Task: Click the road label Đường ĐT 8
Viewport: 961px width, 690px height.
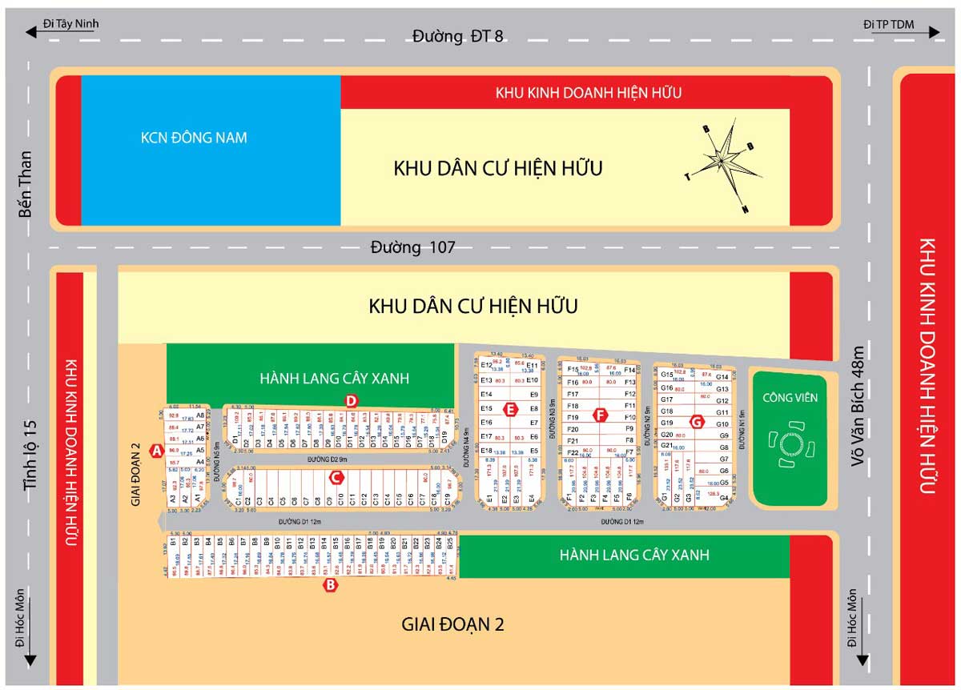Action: click(x=458, y=36)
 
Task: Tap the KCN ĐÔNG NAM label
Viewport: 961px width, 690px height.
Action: click(x=194, y=138)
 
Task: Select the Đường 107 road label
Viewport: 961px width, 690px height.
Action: click(x=412, y=247)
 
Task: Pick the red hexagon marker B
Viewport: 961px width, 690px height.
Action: click(x=329, y=586)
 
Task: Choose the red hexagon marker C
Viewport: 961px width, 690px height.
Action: click(x=337, y=478)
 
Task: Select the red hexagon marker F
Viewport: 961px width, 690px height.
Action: click(x=600, y=415)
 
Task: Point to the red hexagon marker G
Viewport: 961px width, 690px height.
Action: click(x=696, y=422)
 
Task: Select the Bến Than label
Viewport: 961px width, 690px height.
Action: click(x=26, y=183)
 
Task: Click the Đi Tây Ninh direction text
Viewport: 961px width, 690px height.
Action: click(x=71, y=23)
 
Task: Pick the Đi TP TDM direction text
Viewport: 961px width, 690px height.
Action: click(x=889, y=24)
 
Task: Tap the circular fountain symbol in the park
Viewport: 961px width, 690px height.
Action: click(x=787, y=443)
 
